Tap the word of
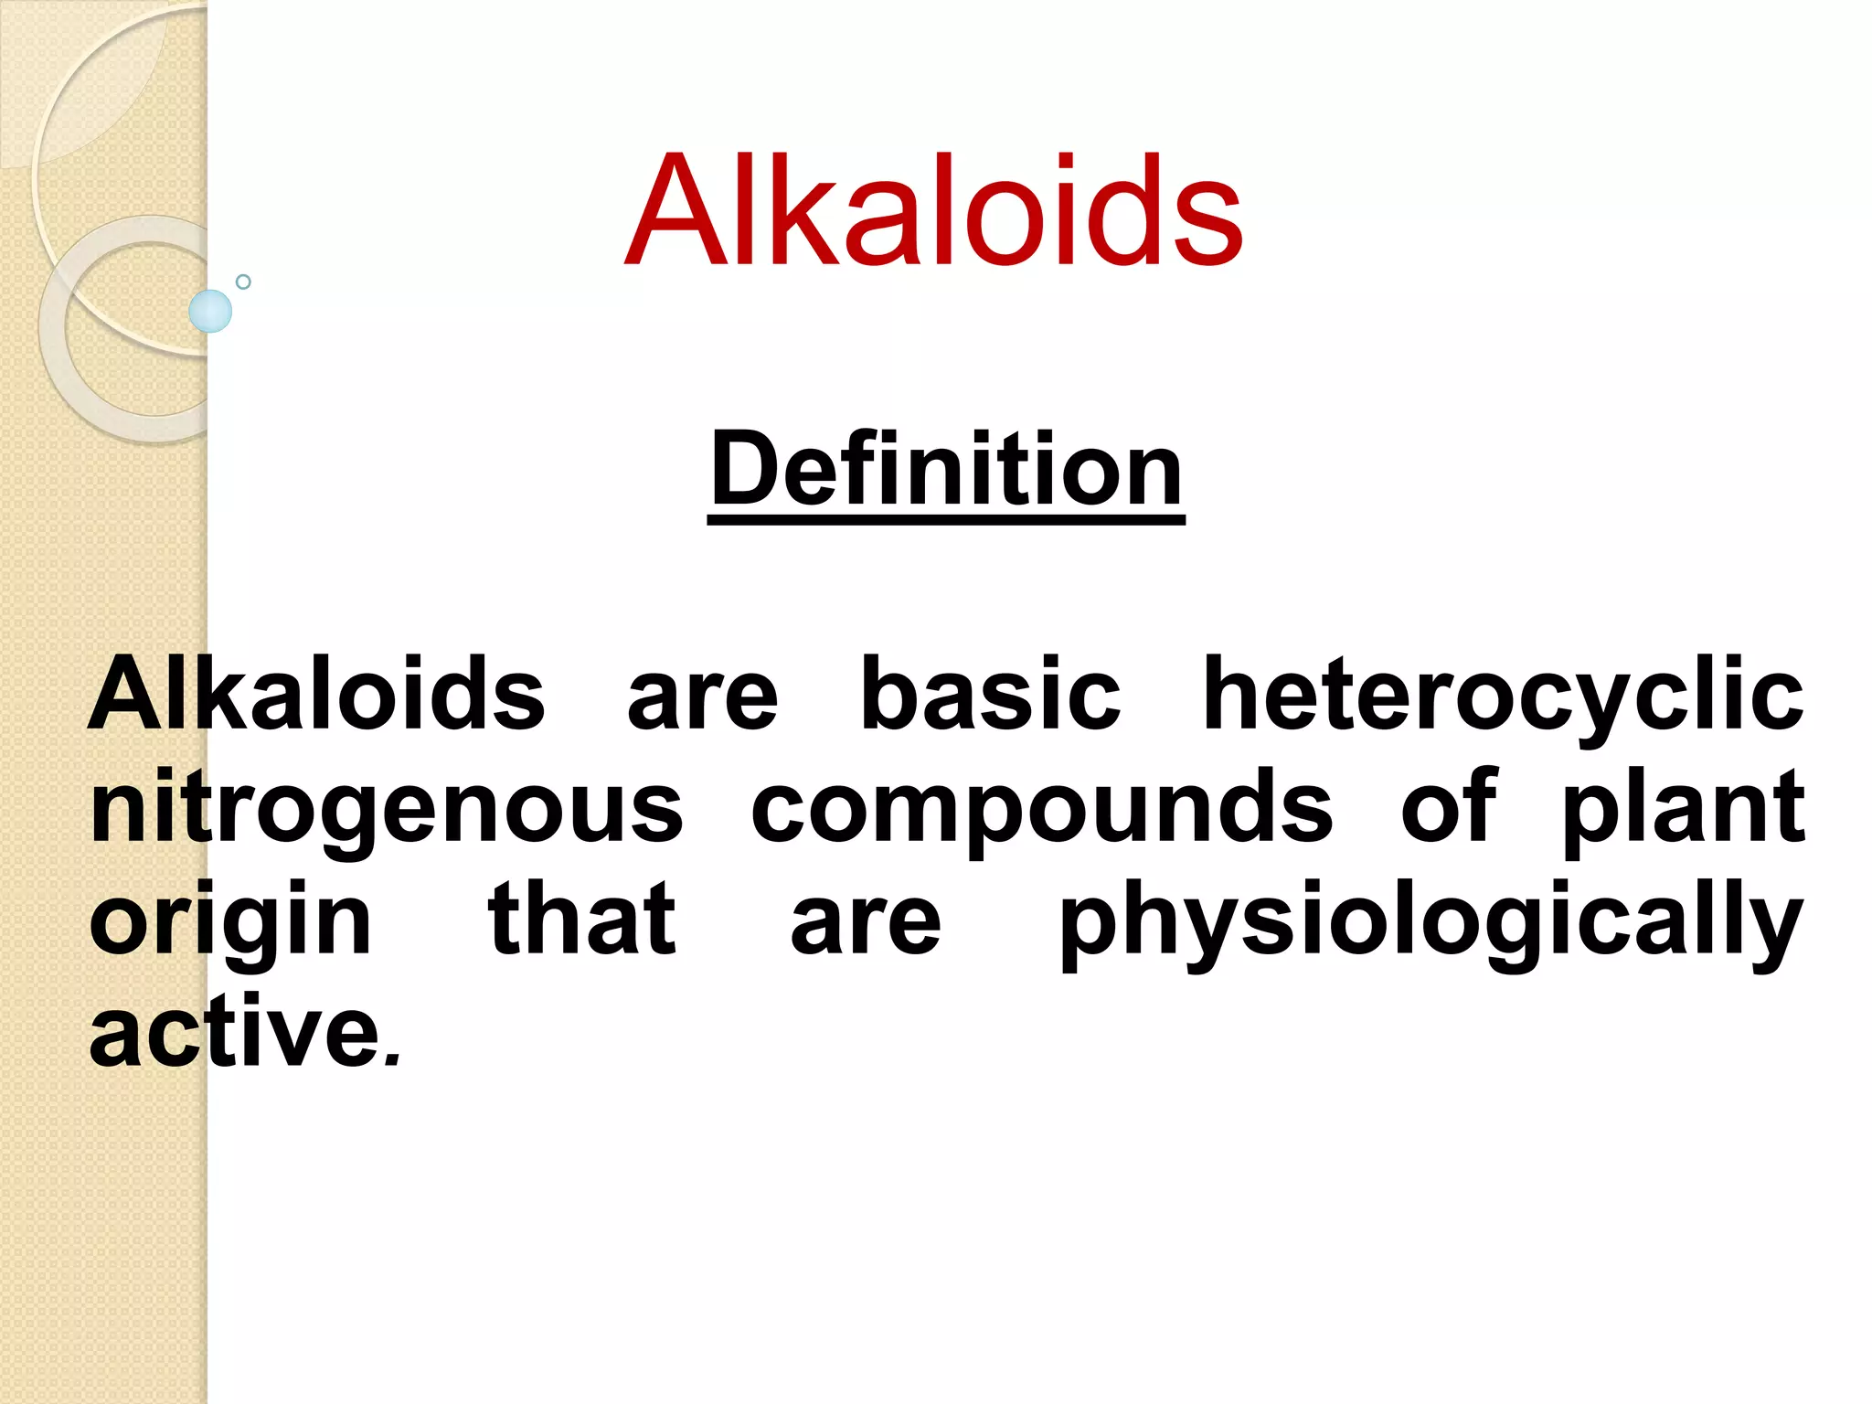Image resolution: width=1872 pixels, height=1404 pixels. [1449, 806]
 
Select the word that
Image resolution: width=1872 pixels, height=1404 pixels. [582, 919]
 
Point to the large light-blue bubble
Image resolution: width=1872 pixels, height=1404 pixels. [210, 311]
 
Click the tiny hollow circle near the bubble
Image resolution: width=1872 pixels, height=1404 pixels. [243, 282]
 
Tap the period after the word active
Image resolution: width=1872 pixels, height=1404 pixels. [392, 1061]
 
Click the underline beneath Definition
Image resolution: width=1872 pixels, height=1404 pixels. [946, 519]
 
